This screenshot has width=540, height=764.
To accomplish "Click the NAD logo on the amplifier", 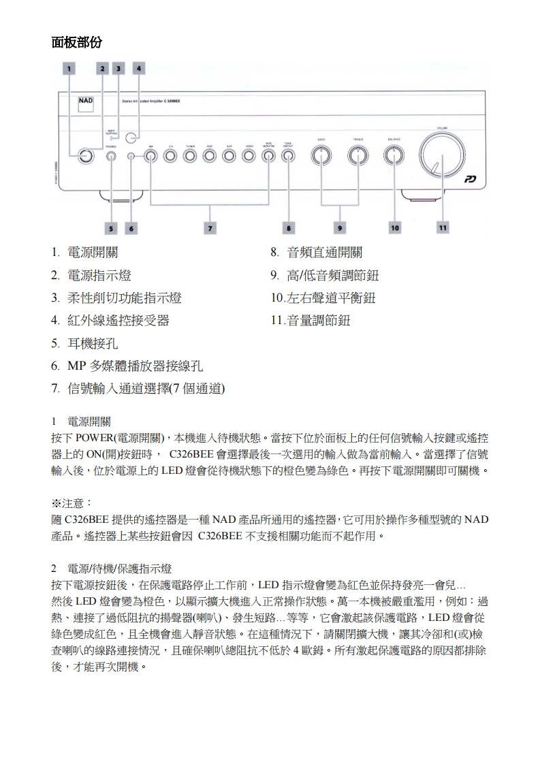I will coord(86,101).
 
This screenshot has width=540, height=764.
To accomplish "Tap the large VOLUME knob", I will coord(442,156).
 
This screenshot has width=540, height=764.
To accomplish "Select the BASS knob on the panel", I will coord(321,156).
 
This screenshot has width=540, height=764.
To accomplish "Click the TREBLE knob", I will coord(357,156).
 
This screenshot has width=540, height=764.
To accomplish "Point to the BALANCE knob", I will coord(393,156).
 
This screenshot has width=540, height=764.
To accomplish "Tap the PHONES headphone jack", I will coord(112,157).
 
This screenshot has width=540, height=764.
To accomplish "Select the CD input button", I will coord(171,157).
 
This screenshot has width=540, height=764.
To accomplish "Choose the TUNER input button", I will coord(191,157).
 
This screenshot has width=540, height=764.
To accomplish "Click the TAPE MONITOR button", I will coord(269,157).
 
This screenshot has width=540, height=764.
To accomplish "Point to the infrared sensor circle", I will coord(139,136).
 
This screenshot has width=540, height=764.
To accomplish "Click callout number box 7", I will coord(210,228).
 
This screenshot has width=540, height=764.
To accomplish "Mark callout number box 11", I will coord(443,228).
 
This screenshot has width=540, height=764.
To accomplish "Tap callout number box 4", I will coord(138,68).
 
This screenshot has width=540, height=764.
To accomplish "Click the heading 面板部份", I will coord(77,42).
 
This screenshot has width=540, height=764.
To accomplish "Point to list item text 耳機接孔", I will coord(93,343).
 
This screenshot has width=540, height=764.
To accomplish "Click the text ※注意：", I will coord(72,503).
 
